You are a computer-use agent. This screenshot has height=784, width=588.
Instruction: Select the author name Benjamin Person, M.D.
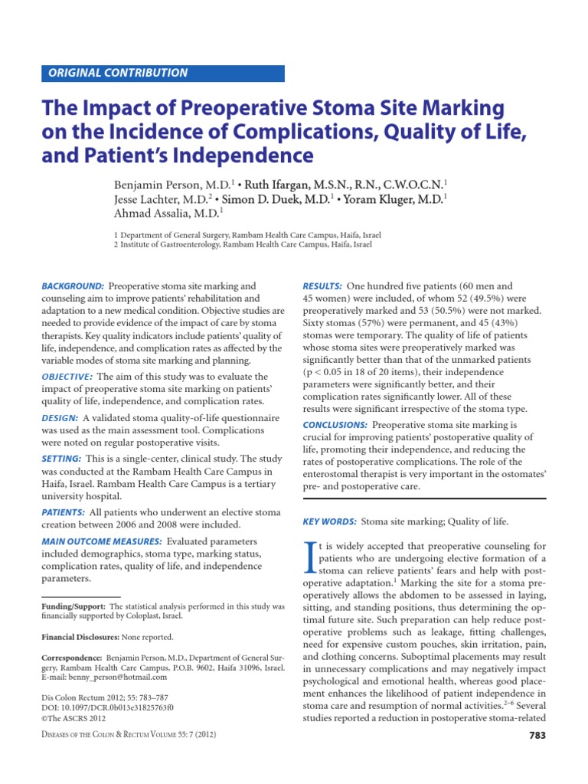pos(163,185)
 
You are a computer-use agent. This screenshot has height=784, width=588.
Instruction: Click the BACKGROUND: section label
pos(73,286)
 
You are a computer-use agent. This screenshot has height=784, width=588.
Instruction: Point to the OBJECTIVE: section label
pos(67,377)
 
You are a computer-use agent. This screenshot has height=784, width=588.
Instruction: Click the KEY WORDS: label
pos(330,521)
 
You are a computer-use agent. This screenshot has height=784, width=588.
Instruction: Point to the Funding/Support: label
pos(74,606)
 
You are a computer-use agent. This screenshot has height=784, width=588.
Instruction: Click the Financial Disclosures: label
pos(80,636)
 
